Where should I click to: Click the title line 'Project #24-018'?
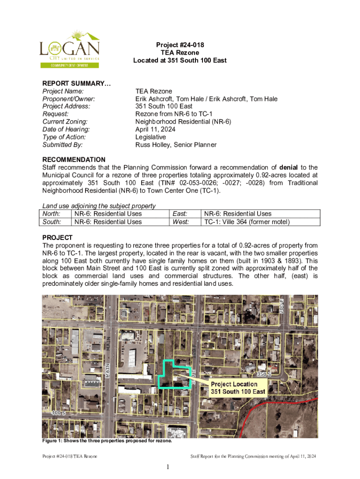(180, 45)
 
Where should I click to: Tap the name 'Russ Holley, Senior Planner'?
(176, 145)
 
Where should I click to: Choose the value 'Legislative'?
(151, 137)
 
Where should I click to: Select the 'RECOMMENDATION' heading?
(74, 160)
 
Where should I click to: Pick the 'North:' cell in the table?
(51, 214)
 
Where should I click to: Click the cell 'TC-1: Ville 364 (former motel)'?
(246, 222)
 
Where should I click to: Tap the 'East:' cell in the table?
(180, 214)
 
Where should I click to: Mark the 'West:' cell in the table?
(180, 222)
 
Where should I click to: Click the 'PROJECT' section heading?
(58, 237)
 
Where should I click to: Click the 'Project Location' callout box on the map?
(238, 387)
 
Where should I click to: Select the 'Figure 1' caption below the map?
(107, 441)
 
